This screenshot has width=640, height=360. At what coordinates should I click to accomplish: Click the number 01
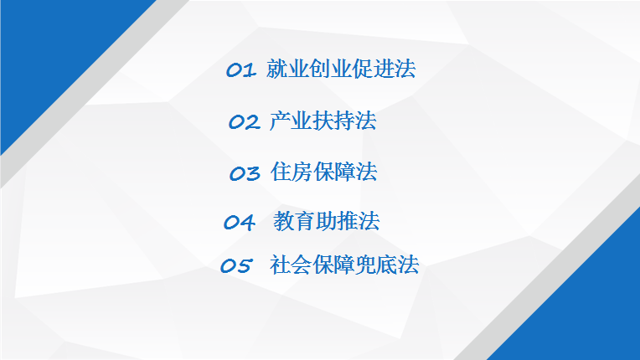coord(241,69)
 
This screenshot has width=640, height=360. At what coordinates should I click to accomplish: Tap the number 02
coord(244,121)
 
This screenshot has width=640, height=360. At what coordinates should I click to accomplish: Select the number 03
coord(245,172)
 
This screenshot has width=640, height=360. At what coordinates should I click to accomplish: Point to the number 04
coord(240,222)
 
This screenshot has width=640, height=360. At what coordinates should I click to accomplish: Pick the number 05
coord(236,265)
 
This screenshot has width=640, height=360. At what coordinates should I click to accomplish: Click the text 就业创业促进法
coord(341,69)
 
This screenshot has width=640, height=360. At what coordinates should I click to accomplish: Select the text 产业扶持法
coord(323,121)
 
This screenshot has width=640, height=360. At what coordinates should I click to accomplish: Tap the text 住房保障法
coord(323,172)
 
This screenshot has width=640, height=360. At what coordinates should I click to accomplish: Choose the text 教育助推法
coord(326,221)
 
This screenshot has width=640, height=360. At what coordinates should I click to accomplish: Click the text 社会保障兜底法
coord(344,265)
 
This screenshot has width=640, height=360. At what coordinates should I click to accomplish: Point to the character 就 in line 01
coord(276,69)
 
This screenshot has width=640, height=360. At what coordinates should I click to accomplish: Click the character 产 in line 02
coord(280,121)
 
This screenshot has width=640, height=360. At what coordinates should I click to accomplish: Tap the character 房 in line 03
coord(302,172)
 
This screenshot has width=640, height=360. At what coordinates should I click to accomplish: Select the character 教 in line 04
coord(284,221)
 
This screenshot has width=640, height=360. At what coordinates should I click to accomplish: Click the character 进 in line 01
coord(384,69)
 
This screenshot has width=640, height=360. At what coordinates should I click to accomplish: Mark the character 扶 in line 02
coord(323,121)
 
